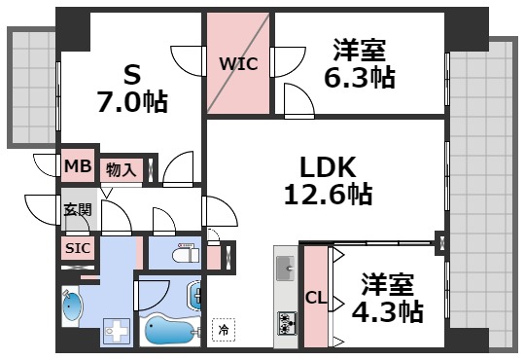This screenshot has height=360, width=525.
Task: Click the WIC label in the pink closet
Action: [237, 65]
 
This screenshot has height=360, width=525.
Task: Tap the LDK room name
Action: [327, 165]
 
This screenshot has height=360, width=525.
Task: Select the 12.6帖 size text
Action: [327, 194]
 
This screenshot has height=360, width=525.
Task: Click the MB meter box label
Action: [78, 167]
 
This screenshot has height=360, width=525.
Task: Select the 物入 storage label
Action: [122, 170]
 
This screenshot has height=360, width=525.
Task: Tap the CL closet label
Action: [316, 298]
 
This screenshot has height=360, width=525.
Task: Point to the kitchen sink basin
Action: [286, 267]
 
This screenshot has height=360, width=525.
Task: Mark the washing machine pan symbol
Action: [118, 332]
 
